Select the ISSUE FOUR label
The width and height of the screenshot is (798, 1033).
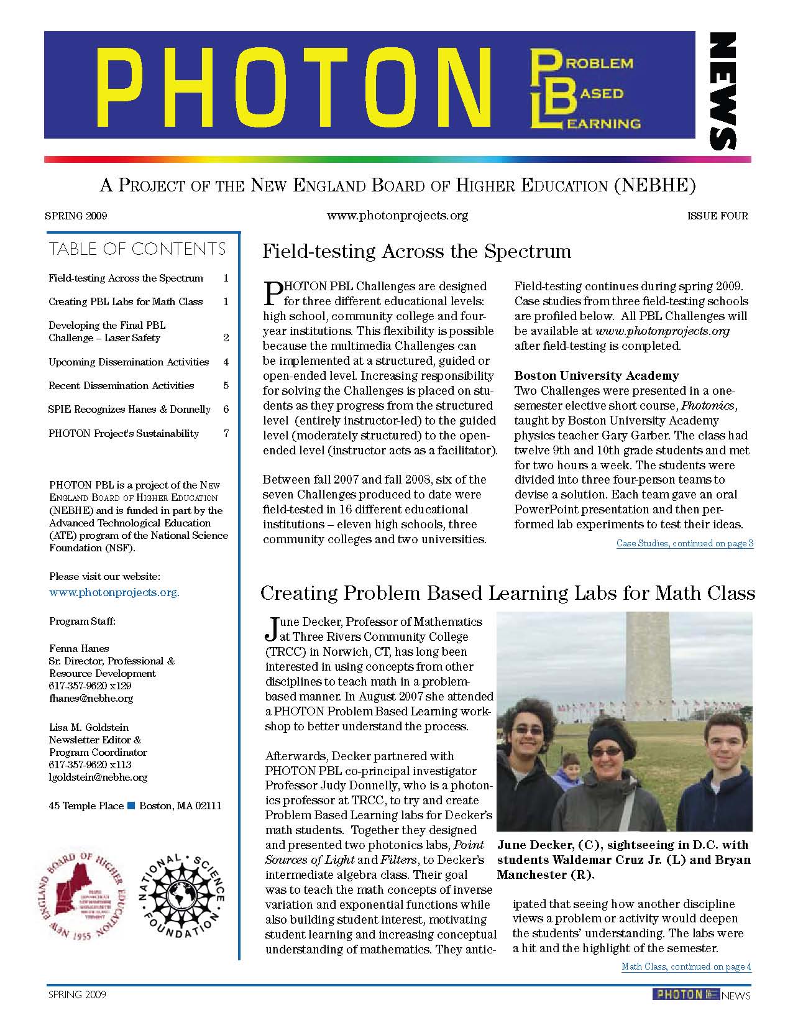[x=717, y=216]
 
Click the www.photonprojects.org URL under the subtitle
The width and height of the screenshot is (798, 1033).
[x=397, y=216]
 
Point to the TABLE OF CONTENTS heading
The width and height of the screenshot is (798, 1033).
[x=137, y=249]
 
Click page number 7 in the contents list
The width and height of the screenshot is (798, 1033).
[x=226, y=433]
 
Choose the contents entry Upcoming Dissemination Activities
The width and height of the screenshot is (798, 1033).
[x=129, y=362]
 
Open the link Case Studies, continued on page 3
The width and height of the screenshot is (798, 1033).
[x=685, y=544]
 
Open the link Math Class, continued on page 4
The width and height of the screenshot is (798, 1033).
[x=686, y=966]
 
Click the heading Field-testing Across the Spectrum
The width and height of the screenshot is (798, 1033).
[x=416, y=252]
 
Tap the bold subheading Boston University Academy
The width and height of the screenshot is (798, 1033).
[x=597, y=376]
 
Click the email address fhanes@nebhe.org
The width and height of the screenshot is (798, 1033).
[x=91, y=698]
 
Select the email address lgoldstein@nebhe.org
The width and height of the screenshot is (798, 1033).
[x=98, y=777]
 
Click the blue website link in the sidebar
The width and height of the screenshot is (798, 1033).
[x=114, y=592]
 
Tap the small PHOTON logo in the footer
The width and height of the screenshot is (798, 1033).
[x=685, y=994]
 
